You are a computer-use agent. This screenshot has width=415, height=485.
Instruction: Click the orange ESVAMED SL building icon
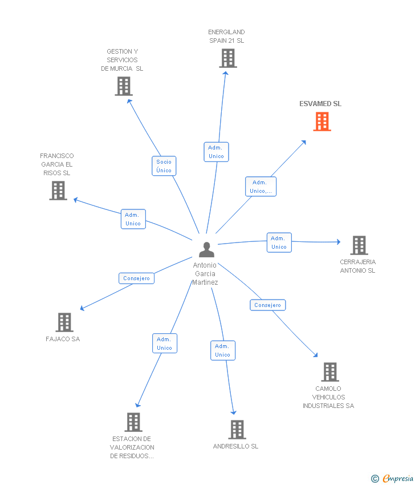322,122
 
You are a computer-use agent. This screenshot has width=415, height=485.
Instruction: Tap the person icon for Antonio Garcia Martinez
206,249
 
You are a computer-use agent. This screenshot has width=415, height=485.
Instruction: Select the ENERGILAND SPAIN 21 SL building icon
227,58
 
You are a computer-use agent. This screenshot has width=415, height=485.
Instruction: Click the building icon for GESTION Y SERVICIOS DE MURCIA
123,86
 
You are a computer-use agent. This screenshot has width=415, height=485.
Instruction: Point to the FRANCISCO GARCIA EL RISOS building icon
58,191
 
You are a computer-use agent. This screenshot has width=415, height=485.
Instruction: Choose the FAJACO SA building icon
64,322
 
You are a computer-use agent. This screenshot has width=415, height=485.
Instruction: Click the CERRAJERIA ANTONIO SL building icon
359,245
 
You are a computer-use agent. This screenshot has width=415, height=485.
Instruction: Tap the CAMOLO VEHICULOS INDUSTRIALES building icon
329,372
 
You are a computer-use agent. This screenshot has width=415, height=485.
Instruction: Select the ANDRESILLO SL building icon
237,430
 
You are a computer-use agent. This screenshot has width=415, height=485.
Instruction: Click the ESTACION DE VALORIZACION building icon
133,422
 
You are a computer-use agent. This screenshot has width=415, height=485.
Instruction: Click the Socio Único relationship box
164,166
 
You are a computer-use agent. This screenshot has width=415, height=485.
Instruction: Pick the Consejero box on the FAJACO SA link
136,278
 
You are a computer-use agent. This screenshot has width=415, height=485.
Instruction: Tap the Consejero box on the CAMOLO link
267,305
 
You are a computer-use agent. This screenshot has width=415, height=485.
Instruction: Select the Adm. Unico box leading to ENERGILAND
216,152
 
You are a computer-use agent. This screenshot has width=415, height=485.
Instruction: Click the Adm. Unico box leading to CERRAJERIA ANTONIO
279,242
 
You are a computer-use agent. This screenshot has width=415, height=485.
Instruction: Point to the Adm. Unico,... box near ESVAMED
261,187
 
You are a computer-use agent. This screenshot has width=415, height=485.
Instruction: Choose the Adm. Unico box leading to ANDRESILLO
222,350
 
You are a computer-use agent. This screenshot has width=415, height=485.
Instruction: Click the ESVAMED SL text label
320,104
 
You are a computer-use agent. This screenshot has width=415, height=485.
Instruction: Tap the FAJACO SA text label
63,339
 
